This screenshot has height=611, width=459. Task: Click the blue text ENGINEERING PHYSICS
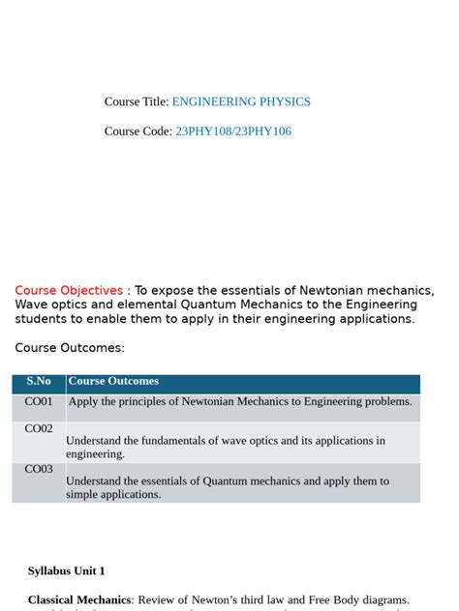[x=241, y=102]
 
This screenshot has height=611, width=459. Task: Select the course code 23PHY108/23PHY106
[x=232, y=131]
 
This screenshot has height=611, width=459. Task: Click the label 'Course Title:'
[x=137, y=102]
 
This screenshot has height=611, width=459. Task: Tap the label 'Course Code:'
[x=138, y=131]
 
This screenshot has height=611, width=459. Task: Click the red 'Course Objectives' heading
[x=69, y=290]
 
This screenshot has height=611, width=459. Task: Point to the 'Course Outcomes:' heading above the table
[x=70, y=348]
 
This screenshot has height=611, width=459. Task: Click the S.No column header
[x=39, y=382]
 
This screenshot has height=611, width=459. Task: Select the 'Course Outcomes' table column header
[x=113, y=382]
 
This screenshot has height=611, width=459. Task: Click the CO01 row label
[x=39, y=401]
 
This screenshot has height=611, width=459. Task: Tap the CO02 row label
[x=39, y=428]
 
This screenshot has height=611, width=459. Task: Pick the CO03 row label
[x=39, y=469]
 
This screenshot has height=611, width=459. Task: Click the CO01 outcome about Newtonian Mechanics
[x=240, y=401]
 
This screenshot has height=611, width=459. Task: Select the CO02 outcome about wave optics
[x=225, y=447]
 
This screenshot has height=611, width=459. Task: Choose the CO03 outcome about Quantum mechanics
[x=227, y=487]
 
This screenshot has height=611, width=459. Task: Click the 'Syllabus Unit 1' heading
[x=67, y=571]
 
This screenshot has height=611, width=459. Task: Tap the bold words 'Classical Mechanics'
[x=79, y=600]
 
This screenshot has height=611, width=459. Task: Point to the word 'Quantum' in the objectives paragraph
[x=206, y=305]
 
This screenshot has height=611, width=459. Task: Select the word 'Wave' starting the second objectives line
[x=31, y=305]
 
